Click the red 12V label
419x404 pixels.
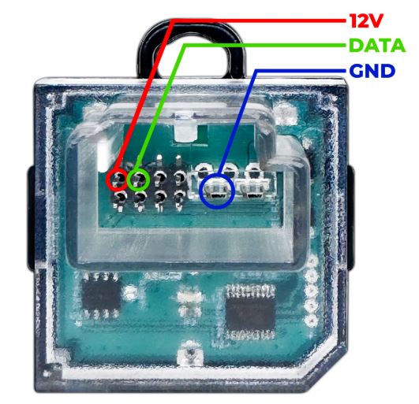coord(366,20)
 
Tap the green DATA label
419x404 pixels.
coord(377,46)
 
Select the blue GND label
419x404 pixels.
coord(372,71)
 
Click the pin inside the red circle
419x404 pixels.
coord(118,180)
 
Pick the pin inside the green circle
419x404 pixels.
coord(138,180)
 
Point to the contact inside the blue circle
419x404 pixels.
coord(217,191)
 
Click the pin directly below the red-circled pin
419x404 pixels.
coord(119,201)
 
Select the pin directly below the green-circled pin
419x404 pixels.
coord(140,201)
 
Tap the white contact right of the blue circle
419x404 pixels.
coord(252,191)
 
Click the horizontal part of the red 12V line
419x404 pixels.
coord(259,20)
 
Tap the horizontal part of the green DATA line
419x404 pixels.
coord(264,46)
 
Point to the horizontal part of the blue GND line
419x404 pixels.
coord(301,71)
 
